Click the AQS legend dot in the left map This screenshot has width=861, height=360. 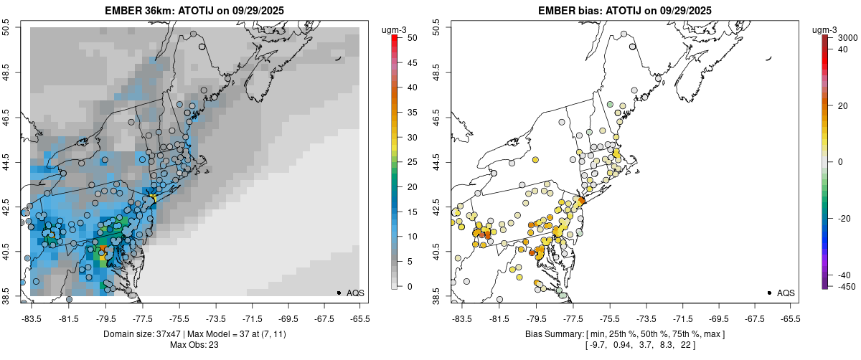tap(339, 293)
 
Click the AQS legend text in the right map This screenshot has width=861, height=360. tap(786, 293)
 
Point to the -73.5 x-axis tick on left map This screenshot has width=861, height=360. tap(216, 318)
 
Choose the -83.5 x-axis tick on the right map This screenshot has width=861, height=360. tap(461, 318)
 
